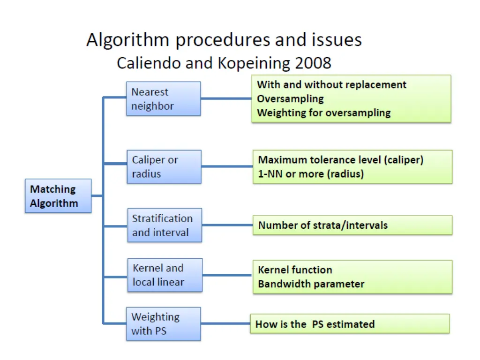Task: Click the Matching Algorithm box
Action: click(58, 196)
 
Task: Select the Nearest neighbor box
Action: click(163, 99)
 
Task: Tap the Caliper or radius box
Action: click(164, 167)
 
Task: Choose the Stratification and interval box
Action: click(165, 225)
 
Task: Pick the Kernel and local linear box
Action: click(165, 275)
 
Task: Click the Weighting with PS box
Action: click(163, 324)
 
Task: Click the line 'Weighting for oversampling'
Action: click(323, 113)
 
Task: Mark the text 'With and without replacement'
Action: click(331, 85)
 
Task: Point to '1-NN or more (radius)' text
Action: click(311, 174)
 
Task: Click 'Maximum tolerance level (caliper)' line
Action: click(340, 160)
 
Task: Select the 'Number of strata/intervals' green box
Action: click(352, 225)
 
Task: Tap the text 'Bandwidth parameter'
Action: click(311, 284)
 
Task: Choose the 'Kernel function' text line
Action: click(295, 270)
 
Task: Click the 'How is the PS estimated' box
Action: click(350, 324)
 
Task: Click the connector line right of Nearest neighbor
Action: click(226, 98)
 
